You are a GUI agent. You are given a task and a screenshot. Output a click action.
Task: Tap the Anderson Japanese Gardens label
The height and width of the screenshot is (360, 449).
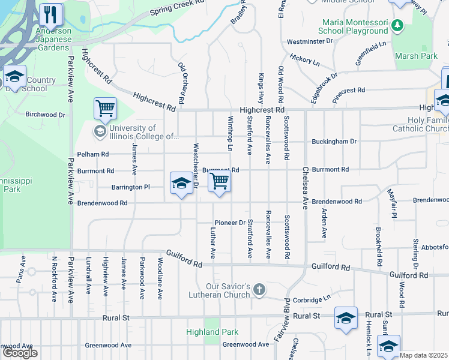(x=53, y=39)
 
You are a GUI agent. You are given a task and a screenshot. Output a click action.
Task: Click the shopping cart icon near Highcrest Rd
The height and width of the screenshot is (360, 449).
(x=105, y=109)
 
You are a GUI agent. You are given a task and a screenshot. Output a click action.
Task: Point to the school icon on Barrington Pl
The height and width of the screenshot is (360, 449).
(x=181, y=183)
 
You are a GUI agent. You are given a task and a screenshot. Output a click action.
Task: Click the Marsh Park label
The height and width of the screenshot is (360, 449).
(x=416, y=56)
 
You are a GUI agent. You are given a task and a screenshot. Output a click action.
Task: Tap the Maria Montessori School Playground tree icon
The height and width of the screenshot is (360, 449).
(x=397, y=26)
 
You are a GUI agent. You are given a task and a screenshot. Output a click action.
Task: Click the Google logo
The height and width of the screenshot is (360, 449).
(x=20, y=353)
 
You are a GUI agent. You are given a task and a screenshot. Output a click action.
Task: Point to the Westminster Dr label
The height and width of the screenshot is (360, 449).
(x=309, y=41)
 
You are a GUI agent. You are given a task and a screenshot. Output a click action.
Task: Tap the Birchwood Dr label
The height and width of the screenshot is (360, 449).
(x=45, y=114)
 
